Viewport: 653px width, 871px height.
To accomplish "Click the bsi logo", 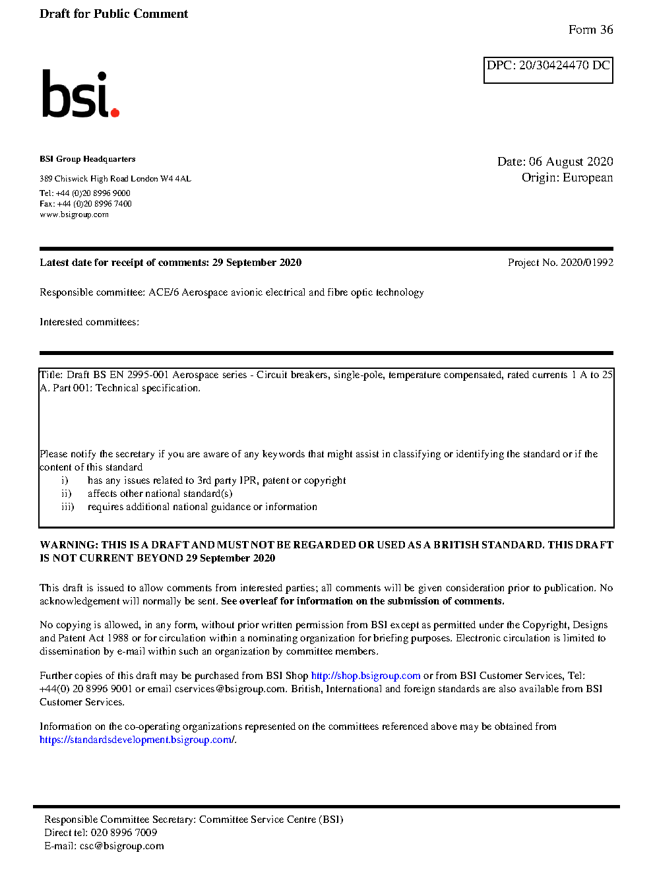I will pos(80,94).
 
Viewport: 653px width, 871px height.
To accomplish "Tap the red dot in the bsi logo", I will pos(115,112).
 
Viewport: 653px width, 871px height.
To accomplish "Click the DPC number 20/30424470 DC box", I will pos(548,70).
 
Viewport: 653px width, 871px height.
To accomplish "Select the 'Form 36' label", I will pos(590,30).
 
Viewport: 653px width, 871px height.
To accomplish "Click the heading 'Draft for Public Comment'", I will pos(113,14).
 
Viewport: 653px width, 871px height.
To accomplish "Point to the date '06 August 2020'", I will pos(571,162).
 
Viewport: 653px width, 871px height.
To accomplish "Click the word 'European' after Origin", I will pos(587,177).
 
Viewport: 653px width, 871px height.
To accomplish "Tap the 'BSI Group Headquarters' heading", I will pos(87,159).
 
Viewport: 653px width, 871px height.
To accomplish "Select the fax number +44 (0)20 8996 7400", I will pos(94,204).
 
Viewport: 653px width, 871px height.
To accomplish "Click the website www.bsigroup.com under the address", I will pos(74,214).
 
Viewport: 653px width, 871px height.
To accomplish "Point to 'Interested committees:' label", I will pos(89,322).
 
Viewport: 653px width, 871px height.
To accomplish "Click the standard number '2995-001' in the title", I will pos(148,375).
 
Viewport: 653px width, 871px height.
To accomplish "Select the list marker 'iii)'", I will pos(67,507).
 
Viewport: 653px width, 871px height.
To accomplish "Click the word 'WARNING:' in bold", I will pos(69,545).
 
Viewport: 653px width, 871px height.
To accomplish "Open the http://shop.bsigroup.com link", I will pos(365,676).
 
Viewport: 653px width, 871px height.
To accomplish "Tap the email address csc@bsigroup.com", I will pos(122,846).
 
